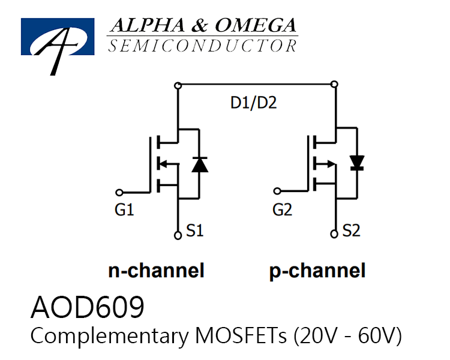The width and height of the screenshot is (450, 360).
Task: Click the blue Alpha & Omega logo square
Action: pyautogui.click(x=58, y=37)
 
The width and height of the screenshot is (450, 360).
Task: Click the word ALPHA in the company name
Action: pyautogui.click(x=148, y=25)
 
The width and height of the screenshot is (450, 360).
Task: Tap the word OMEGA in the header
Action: pyautogui.click(x=256, y=25)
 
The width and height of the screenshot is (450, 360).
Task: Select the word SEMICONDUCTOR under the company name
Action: pyautogui.click(x=203, y=46)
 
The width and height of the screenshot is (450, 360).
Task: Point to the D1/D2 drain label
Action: pyautogui.click(x=253, y=103)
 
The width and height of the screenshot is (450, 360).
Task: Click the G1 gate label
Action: pyautogui.click(x=124, y=209)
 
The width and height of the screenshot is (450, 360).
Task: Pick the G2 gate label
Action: pyautogui.click(x=282, y=209)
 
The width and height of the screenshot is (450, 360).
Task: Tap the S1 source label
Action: pyautogui.click(x=195, y=230)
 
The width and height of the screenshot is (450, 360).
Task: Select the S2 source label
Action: pyautogui.click(x=351, y=230)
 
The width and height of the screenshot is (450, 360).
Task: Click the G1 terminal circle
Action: pyautogui.click(x=119, y=193)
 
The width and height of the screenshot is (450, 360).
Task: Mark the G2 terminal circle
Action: pyautogui.click(x=277, y=191)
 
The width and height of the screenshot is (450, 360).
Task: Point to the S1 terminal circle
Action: pyautogui.click(x=178, y=235)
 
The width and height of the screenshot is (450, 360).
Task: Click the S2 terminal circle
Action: pyautogui.click(x=334, y=234)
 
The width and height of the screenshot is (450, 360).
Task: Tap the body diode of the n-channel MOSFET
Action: pyautogui.click(x=199, y=164)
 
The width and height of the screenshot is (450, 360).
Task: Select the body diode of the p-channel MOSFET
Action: pyautogui.click(x=358, y=163)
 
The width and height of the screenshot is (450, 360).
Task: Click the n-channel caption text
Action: pyautogui.click(x=156, y=271)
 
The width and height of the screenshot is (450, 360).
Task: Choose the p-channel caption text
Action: pyautogui.click(x=317, y=271)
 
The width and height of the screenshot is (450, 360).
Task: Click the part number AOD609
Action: pyautogui.click(x=87, y=307)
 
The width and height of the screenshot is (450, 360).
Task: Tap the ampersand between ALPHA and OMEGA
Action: pyautogui.click(x=200, y=25)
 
